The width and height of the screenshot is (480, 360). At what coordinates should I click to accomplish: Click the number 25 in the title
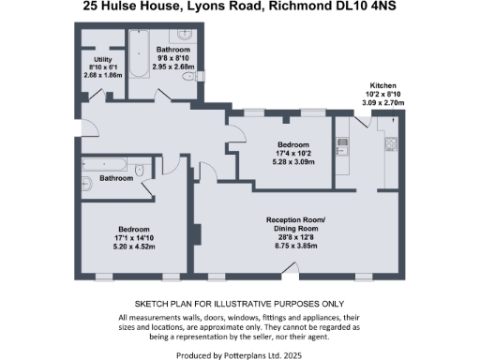[x=92, y=8]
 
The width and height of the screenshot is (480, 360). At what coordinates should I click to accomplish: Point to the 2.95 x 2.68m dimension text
[x=173, y=67]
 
